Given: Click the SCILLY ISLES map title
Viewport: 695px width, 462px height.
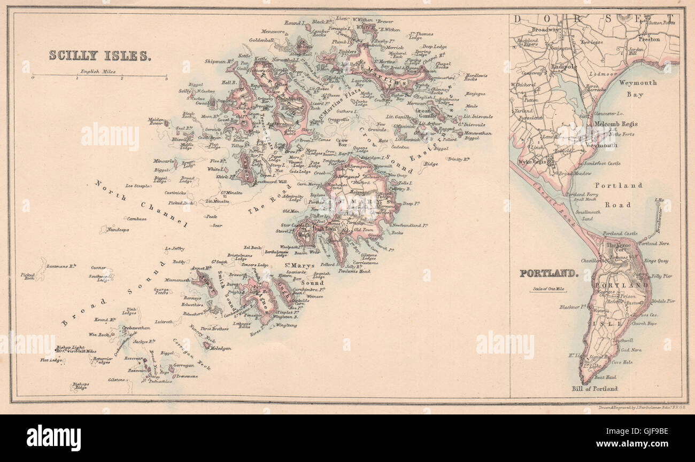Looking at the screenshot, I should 100,55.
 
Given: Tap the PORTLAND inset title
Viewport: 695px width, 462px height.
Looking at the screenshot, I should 549,273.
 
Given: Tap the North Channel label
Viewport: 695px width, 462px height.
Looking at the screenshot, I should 141,202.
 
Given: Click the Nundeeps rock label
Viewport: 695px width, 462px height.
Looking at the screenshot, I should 118,230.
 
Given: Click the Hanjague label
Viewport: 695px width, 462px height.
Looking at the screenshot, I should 475,93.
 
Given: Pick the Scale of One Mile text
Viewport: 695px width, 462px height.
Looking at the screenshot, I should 549,289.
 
